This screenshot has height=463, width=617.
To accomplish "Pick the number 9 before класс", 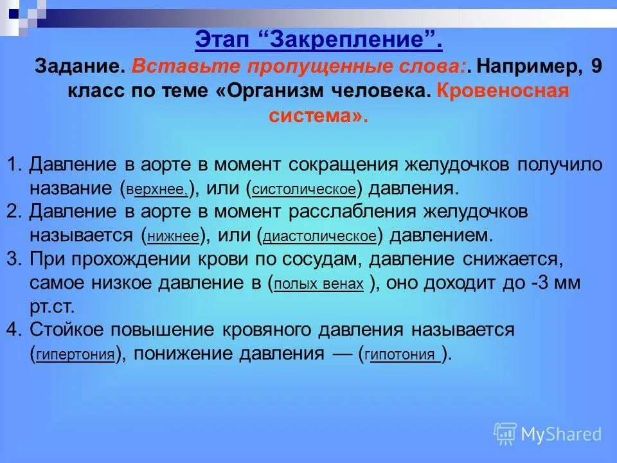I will coord(596,67).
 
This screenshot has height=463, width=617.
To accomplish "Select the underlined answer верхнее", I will coord(157,190).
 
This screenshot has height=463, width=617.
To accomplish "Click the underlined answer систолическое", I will coord(304,190).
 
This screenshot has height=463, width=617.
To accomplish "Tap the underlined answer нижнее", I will coord(173,237).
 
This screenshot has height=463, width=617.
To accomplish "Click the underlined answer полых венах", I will coord(319,284).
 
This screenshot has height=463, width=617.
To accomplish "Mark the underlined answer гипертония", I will coord(76,355).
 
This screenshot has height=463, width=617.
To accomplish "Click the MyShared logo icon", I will coord(505,433).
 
